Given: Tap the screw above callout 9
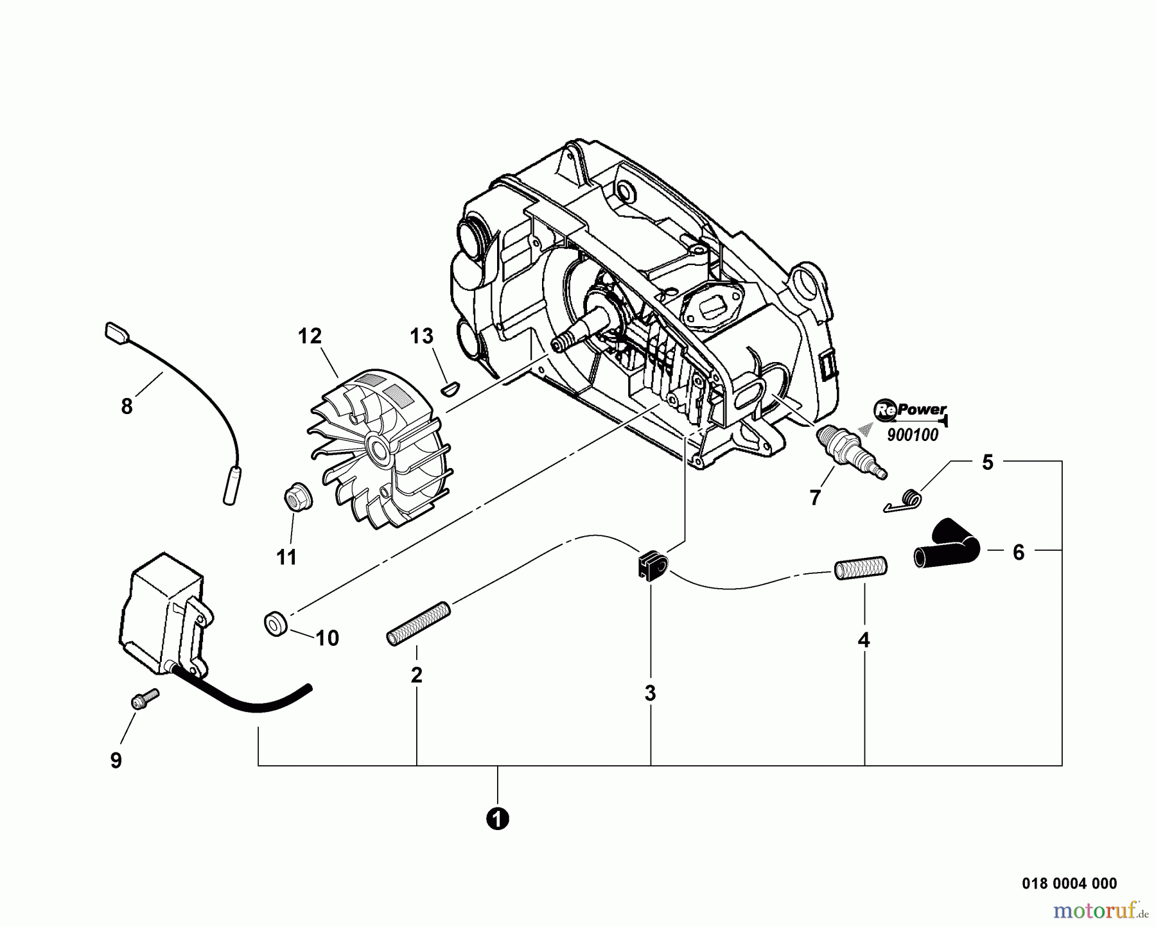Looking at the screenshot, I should [x=144, y=698].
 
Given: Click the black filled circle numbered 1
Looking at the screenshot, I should [x=497, y=819].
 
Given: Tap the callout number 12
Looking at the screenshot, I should [x=310, y=336].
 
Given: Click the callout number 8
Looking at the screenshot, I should [x=127, y=406].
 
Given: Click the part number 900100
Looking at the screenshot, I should [x=912, y=435].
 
